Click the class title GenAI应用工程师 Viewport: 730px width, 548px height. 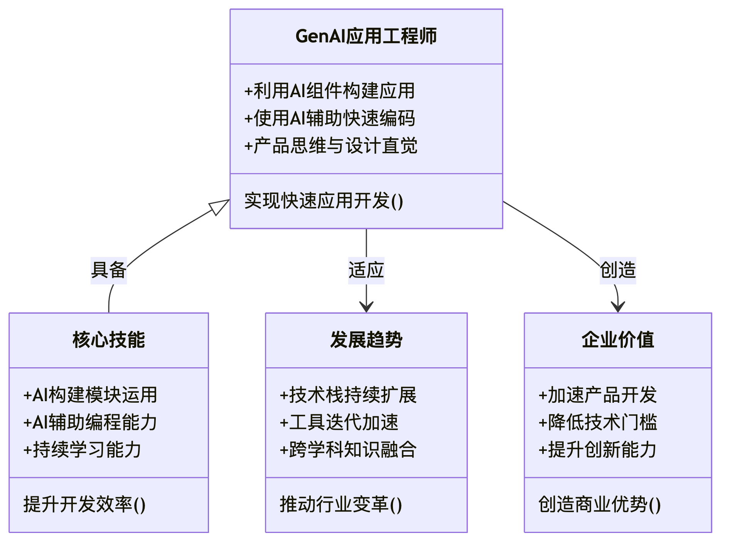click(366, 36)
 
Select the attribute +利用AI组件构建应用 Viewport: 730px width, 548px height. click(330, 91)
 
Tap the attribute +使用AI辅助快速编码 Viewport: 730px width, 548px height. click(330, 118)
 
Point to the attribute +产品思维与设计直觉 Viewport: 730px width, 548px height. click(331, 146)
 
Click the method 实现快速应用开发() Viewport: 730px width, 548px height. click(324, 201)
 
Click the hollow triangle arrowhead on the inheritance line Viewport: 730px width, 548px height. click(219, 207)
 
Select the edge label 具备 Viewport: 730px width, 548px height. click(109, 270)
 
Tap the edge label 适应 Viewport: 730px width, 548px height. click(366, 270)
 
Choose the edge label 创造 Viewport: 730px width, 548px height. click(618, 270)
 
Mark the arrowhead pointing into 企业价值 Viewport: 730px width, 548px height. click(618, 307)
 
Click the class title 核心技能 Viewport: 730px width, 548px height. click(109, 340)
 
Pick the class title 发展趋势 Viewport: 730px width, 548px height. click(366, 340)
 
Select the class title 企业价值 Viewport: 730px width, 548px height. click(618, 340)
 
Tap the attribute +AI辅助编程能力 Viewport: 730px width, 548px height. click(90, 422)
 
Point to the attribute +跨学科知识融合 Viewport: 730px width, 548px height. click(348, 450)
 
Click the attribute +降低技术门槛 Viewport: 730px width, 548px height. click(598, 422)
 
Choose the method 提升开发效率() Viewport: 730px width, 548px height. click(84, 504)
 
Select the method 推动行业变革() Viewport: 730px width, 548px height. click(341, 504)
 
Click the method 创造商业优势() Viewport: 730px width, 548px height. click(600, 504)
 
